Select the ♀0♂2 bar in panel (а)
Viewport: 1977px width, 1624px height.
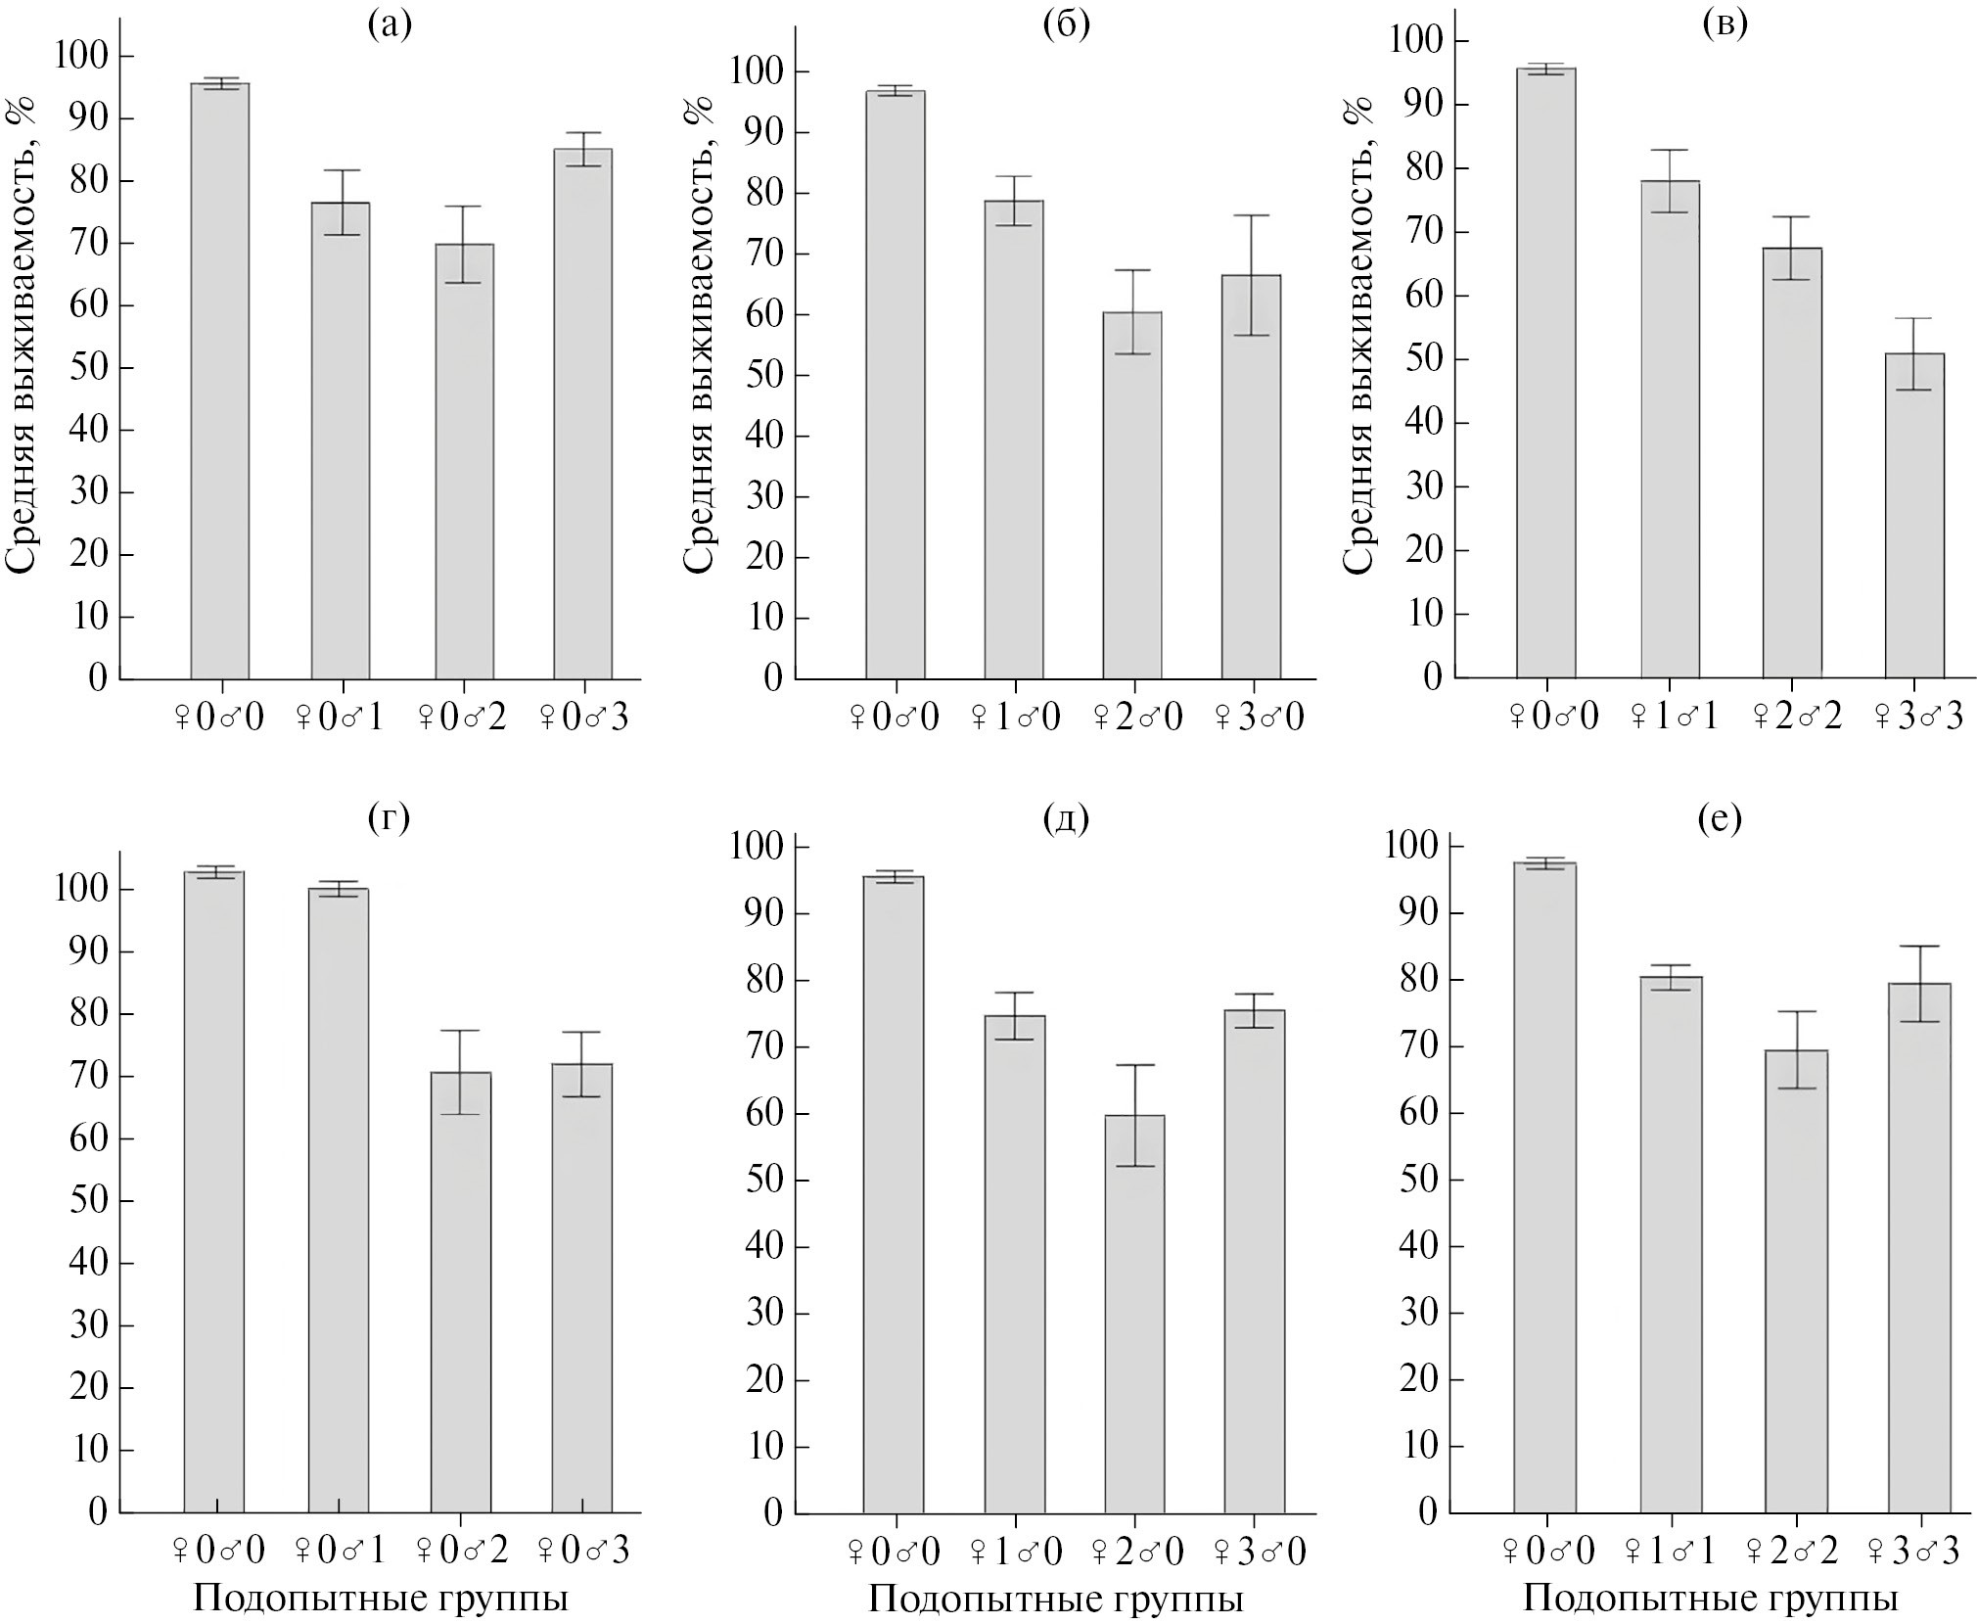[x=464, y=461]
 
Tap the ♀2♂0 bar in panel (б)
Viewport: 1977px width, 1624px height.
[x=1132, y=495]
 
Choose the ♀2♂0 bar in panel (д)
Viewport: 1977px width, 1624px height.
[x=1134, y=1327]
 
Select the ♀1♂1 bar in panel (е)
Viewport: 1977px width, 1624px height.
[x=1672, y=1244]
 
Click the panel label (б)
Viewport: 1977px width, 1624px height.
[x=1066, y=23]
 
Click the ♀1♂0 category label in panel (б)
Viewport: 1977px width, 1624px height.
[x=1015, y=718]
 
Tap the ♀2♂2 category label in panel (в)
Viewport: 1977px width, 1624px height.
[x=1792, y=717]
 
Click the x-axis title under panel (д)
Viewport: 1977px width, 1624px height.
[x=1055, y=1600]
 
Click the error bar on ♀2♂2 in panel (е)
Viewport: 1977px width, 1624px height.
[x=1796, y=1049]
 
